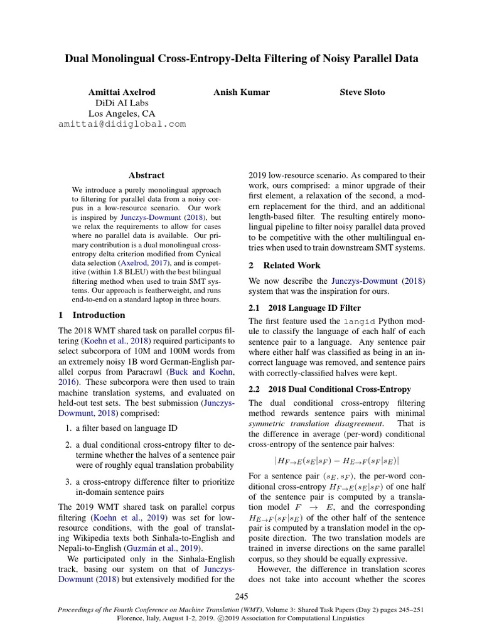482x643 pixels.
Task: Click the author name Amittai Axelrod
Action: tap(122, 92)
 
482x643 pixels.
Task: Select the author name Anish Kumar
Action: tap(242, 92)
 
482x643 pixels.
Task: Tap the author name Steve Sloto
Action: tap(362, 92)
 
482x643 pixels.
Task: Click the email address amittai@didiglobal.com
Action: tap(122, 124)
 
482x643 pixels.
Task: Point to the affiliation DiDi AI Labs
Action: tap(122, 103)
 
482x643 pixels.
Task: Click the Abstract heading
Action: tap(146, 176)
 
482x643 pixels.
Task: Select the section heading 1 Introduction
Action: tap(92, 315)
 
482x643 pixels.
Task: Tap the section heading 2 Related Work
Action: tap(284, 266)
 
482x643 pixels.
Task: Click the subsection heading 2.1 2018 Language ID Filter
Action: tap(305, 308)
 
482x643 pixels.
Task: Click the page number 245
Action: tap(242, 597)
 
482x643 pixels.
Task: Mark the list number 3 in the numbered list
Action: tap(68, 482)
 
